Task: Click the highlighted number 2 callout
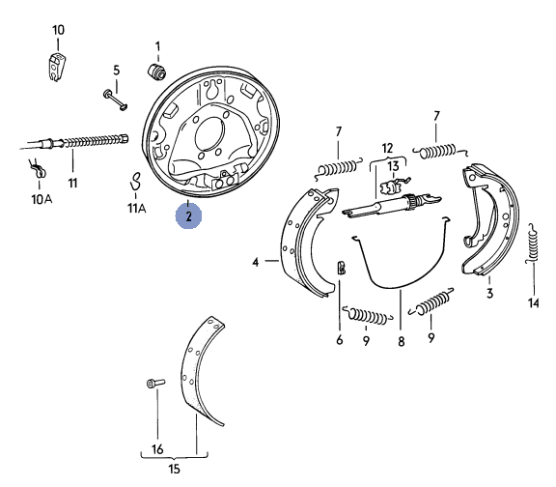click(x=188, y=215)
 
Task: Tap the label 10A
click(x=42, y=199)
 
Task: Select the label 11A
click(x=137, y=208)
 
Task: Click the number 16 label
click(x=157, y=449)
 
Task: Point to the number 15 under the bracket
click(x=174, y=469)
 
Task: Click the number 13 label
click(x=393, y=166)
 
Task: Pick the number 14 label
click(x=533, y=302)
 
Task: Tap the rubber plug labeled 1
click(x=157, y=72)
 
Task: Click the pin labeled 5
click(x=116, y=100)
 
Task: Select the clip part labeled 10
click(x=57, y=67)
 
